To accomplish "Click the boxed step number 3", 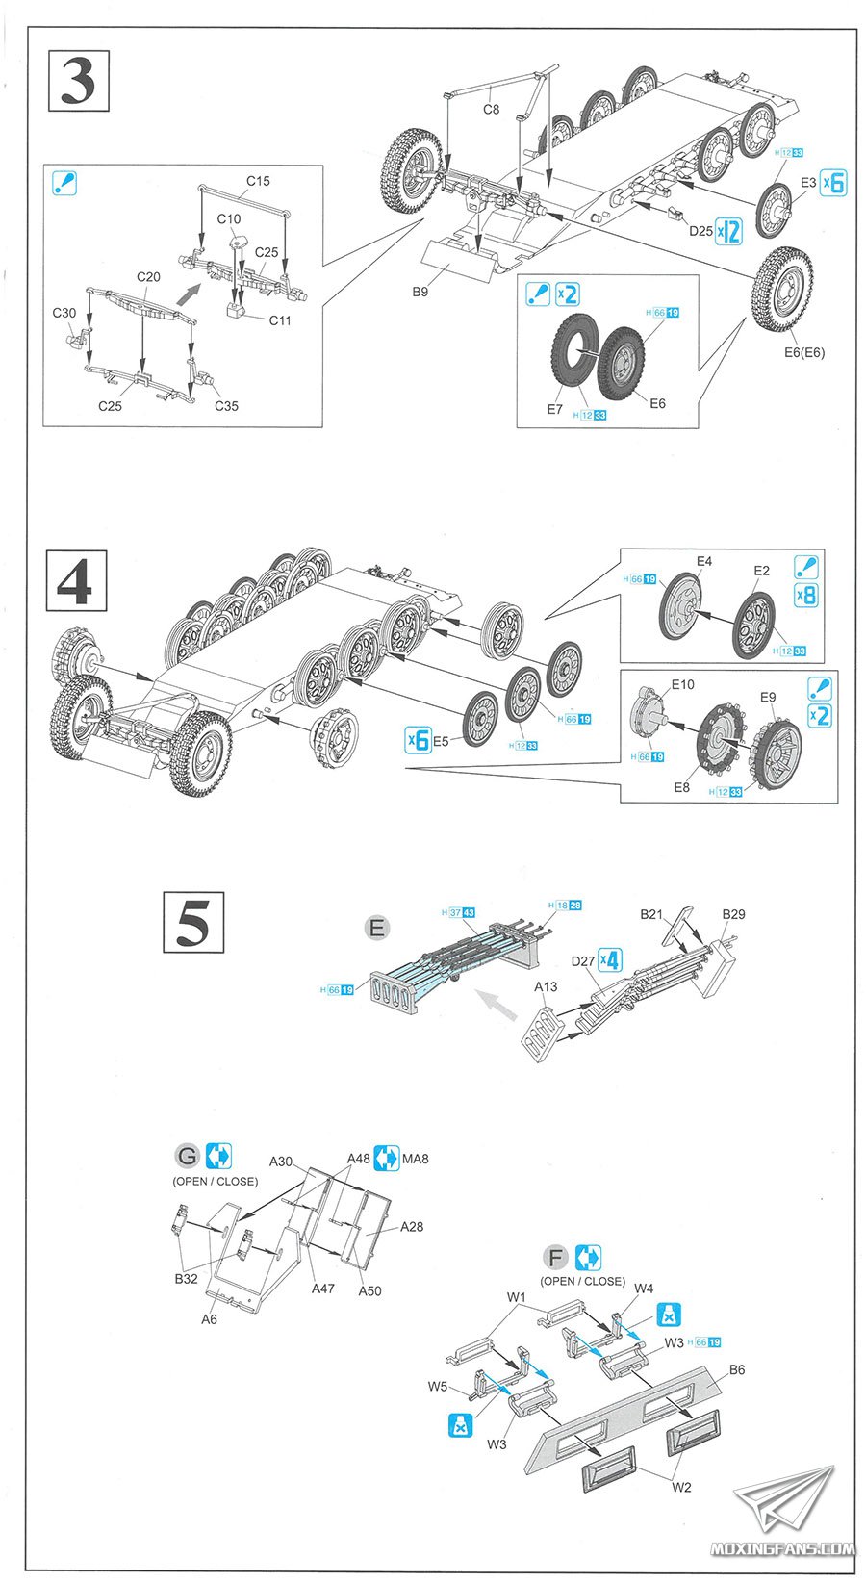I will (78, 81).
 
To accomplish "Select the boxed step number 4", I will (77, 580).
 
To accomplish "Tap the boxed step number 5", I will (192, 922).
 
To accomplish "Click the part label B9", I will (420, 292).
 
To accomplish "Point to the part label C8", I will (491, 109).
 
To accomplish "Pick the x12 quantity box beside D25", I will (729, 231).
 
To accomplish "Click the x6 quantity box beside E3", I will (832, 182).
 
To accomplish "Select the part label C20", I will (148, 276).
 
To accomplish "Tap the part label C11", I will (280, 320).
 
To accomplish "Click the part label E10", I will (682, 684).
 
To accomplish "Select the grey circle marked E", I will (377, 928).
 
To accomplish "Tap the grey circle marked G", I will (187, 1156).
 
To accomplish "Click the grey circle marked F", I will (555, 1257).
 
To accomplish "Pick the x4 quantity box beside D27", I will (609, 959).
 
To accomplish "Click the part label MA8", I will (416, 1159).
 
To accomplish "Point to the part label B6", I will (737, 1368).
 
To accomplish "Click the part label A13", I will (546, 986).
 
